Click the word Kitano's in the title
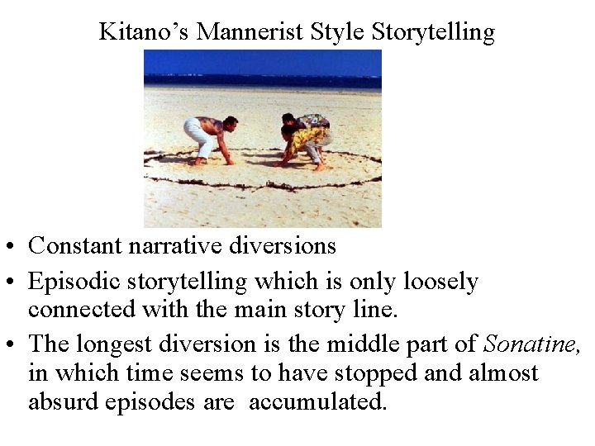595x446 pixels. [145, 32]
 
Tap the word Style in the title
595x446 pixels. [340, 32]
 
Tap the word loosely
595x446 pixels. [441, 282]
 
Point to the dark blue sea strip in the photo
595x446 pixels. [263, 81]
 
